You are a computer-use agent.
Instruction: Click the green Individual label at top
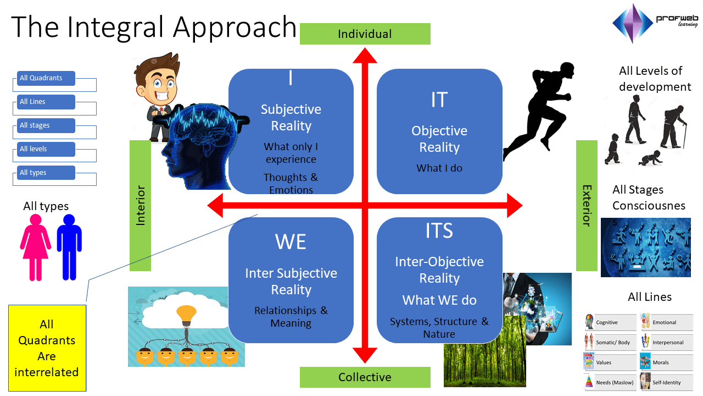(365, 34)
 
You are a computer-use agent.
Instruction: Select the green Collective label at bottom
(365, 377)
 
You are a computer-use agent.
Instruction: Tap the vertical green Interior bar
(140, 205)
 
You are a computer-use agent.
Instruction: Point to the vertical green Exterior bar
(587, 205)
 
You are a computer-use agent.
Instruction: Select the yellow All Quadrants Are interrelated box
(47, 348)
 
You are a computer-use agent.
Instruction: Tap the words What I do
(439, 168)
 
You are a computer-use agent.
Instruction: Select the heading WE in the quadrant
(291, 242)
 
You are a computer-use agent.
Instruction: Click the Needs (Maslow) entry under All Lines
(609, 382)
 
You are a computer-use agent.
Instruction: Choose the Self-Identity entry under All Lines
(666, 382)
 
